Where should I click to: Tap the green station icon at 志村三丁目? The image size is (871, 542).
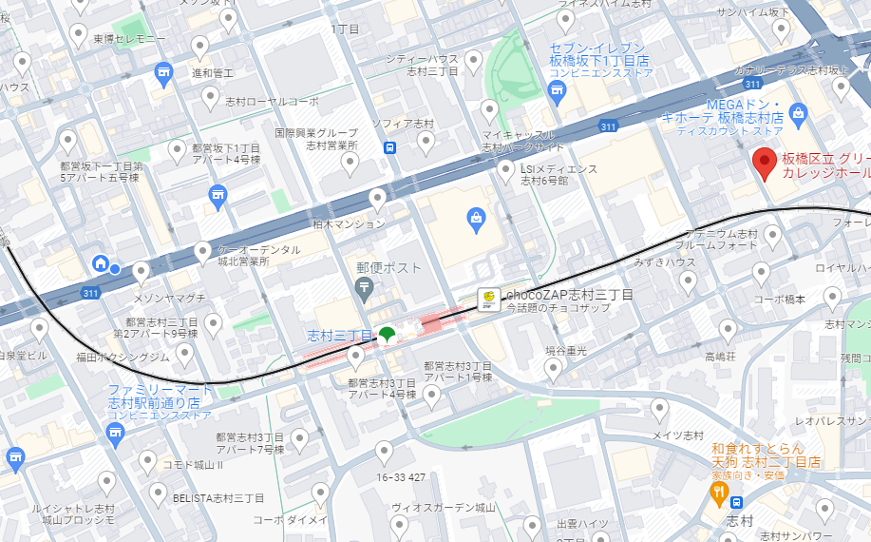[388, 335]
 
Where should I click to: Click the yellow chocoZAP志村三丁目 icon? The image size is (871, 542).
[488, 299]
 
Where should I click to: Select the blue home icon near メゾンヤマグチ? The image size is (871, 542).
[99, 263]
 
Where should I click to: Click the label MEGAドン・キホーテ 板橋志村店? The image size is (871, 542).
[744, 110]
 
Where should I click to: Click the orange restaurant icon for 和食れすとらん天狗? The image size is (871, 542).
[720, 493]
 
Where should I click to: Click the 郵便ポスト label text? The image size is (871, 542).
[388, 268]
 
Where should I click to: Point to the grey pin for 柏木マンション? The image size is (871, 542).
[377, 198]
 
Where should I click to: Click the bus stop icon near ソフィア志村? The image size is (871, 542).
[390, 147]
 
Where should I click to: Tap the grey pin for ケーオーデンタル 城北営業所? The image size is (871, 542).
[202, 251]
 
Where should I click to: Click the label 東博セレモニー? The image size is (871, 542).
[129, 39]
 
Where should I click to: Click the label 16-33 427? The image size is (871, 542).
[400, 477]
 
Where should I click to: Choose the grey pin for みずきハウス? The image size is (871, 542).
[688, 281]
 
